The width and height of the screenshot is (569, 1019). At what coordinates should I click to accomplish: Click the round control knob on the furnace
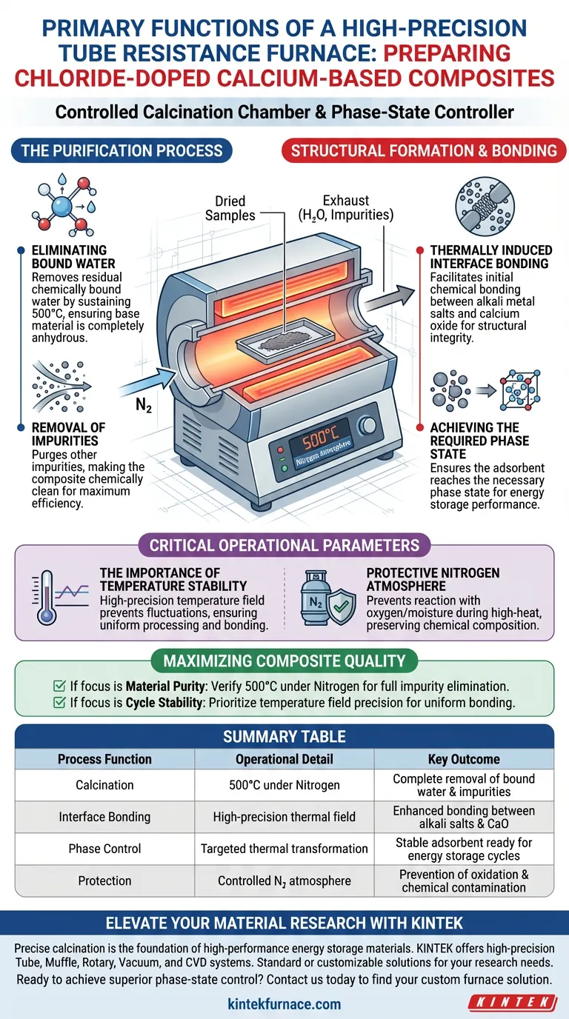click(x=367, y=425)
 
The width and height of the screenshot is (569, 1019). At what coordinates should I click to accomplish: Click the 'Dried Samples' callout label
click(x=230, y=208)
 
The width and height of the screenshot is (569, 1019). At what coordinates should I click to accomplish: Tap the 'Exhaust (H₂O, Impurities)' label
click(x=346, y=207)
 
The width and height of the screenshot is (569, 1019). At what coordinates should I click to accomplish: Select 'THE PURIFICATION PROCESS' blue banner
click(x=122, y=150)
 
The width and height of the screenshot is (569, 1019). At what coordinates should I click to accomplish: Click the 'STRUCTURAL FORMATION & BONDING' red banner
click(x=424, y=150)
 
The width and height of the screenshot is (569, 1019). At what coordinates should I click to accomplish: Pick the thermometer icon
click(x=47, y=598)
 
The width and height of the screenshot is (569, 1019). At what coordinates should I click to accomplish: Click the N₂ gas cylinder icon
click(x=315, y=598)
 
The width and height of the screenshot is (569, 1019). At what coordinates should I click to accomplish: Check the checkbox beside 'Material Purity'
click(x=59, y=686)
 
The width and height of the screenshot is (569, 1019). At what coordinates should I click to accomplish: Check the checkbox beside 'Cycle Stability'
click(x=59, y=702)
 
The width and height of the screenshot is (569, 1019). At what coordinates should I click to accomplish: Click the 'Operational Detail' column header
click(x=284, y=759)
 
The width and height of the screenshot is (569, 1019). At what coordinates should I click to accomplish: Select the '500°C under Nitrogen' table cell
click(x=284, y=785)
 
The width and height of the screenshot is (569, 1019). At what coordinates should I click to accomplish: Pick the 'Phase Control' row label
click(x=104, y=849)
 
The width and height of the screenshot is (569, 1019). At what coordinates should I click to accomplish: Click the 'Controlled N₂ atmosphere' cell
click(x=284, y=881)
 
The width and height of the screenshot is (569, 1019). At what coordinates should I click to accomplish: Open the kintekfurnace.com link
click(x=284, y=1004)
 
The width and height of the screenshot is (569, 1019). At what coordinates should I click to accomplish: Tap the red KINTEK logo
click(x=513, y=1002)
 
